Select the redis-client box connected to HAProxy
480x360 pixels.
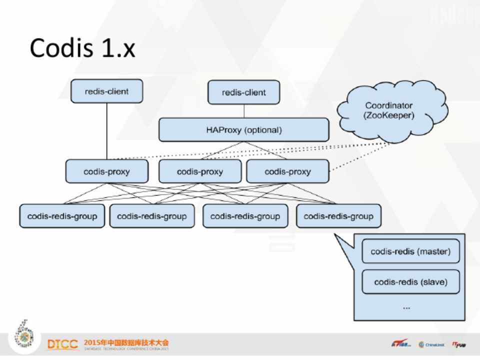(243, 92)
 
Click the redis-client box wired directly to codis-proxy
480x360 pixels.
(106, 91)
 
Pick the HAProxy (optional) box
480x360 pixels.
(243, 130)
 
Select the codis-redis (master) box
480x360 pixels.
(410, 251)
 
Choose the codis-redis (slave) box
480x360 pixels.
(410, 282)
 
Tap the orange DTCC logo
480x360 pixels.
(62, 344)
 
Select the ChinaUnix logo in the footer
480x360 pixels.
(431, 344)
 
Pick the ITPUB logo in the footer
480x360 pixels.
(459, 344)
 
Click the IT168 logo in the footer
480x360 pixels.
(400, 344)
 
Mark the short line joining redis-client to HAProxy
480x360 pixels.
(243, 111)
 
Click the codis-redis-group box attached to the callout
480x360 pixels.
(338, 216)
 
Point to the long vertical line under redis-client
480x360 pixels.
(106, 131)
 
